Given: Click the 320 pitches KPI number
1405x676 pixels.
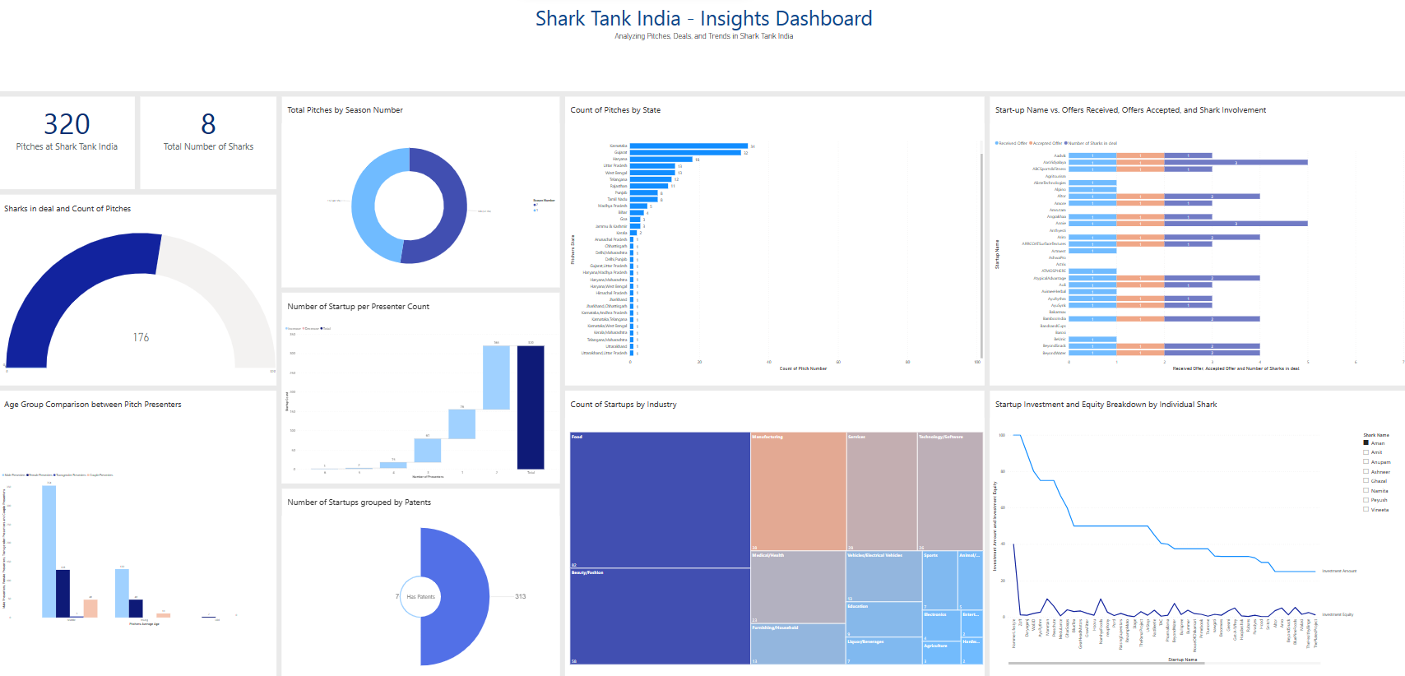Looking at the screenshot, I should point(67,124).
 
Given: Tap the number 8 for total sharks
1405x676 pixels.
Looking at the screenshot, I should point(208,124).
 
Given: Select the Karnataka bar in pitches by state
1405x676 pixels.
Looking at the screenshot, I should point(689,146).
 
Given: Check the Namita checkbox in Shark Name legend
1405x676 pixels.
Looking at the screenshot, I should point(1366,490).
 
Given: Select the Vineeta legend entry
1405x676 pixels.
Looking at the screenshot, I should point(1379,510).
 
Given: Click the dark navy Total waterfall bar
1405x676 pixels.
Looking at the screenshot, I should point(531,407).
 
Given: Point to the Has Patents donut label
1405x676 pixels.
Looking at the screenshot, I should point(420,597).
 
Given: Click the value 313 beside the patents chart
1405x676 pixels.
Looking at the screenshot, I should point(520,596).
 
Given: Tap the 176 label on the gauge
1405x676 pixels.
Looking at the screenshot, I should point(141,337).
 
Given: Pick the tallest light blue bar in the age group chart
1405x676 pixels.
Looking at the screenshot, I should point(49,551).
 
